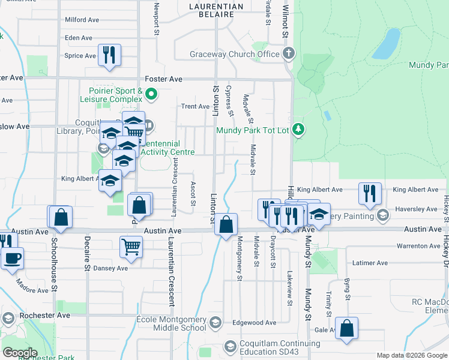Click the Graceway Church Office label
tap(235, 54)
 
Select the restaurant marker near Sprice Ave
tap(110, 55)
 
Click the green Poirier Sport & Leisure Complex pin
tap(151, 94)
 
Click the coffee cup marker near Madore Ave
tap(12, 259)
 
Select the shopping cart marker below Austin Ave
tap(131, 245)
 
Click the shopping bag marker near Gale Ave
tap(346, 328)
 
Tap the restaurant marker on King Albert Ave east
tap(369, 193)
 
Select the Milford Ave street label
tap(82, 20)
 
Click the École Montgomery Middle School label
tap(172, 324)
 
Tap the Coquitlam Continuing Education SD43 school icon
tap(229, 346)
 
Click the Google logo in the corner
tap(20, 353)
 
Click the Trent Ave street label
tap(195, 106)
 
